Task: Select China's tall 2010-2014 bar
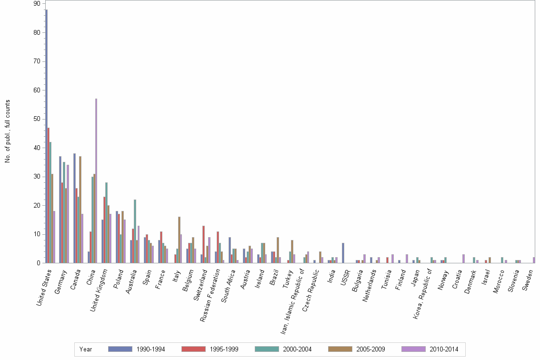[96, 181]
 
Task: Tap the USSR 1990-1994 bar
[343, 253]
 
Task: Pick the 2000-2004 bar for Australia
[135, 231]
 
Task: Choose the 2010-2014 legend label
[443, 350]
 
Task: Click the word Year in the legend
[86, 350]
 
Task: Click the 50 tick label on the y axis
[37, 119]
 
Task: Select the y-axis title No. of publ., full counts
[8, 131]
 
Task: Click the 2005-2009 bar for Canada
[80, 210]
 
